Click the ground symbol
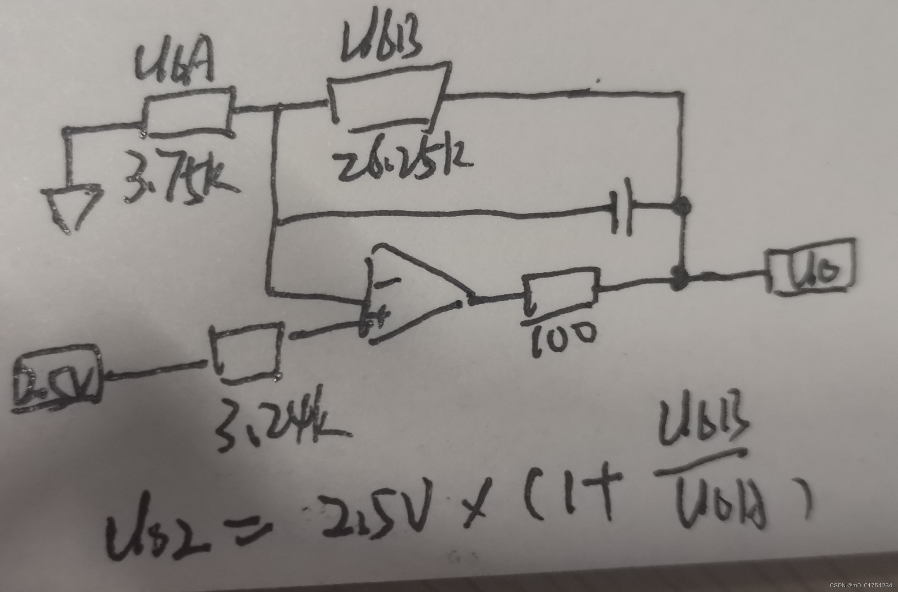(x=72, y=206)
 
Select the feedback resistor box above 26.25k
(x=387, y=101)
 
